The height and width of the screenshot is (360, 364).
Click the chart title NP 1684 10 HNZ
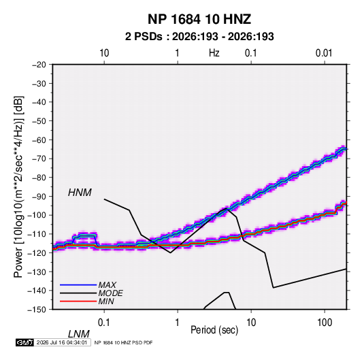199,19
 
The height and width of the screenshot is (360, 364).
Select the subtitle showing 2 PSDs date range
199,37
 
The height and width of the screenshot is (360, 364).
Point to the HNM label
80,193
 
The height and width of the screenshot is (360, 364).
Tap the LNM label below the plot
78,334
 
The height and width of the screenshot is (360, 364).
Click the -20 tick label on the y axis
39,65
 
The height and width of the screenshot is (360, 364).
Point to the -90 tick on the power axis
39,197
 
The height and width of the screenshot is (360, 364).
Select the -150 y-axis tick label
37,310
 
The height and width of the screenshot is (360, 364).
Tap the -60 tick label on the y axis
39,140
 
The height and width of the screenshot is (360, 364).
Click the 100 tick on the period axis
325,323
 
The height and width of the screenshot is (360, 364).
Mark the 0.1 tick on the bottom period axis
104,323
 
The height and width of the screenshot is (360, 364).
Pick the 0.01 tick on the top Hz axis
324,53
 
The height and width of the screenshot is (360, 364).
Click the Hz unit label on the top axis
214,53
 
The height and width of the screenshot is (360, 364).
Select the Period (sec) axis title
214,330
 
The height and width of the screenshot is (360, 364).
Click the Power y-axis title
18,187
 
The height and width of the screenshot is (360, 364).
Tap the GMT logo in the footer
24,342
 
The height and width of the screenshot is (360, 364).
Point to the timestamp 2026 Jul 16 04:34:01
62,342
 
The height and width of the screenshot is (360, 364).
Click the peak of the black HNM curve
226,208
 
